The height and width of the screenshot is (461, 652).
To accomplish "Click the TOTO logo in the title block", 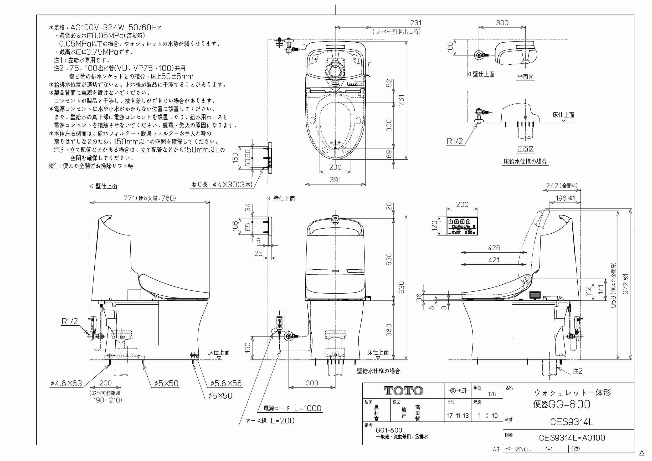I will coord(403,391).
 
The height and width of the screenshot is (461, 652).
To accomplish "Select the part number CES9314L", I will coord(571,422).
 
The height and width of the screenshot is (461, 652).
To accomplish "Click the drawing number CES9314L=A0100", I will coord(572,438).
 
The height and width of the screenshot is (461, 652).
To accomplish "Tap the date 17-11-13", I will coord(458,416).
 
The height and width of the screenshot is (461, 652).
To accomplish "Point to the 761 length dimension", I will coord(401,100).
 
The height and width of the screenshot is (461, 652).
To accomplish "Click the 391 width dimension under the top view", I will coord(335,180).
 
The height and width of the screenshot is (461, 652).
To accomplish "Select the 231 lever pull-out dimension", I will coord(416,23).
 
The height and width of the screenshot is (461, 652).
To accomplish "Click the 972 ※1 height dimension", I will coord(626,284).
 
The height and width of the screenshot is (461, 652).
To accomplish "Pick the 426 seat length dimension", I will coord(494,248).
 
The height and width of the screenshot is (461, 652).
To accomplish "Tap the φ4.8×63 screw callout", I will coord(66,383).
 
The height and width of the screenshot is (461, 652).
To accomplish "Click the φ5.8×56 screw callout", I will coord(226,383).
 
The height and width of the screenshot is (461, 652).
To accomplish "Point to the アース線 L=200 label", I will coord(270,421).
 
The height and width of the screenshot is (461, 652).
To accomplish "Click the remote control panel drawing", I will coord(462,226).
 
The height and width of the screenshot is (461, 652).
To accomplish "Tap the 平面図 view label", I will coord(525,77).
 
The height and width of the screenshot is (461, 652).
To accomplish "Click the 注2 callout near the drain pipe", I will coord(578,371).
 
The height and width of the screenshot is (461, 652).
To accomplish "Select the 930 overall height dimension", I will coord(402,288).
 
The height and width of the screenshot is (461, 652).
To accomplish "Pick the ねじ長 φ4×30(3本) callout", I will coord(222,184).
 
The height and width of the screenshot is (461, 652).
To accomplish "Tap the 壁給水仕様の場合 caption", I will coord(378,371).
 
